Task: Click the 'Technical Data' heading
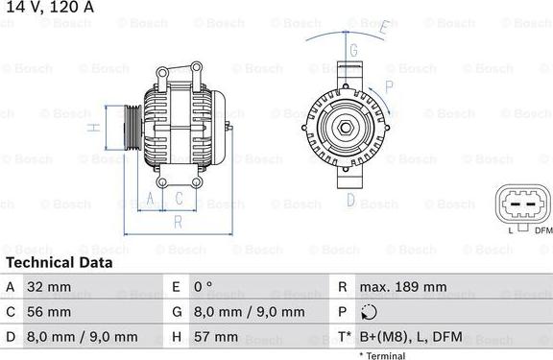60,262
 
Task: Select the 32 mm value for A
48,286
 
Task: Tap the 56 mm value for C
48,312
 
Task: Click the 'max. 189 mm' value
403,286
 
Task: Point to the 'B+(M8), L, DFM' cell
410,337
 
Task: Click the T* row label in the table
344,337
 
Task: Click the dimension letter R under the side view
178,221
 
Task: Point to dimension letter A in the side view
150,199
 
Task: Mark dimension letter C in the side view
179,199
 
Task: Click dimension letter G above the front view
353,50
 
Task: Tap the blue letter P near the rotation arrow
389,86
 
